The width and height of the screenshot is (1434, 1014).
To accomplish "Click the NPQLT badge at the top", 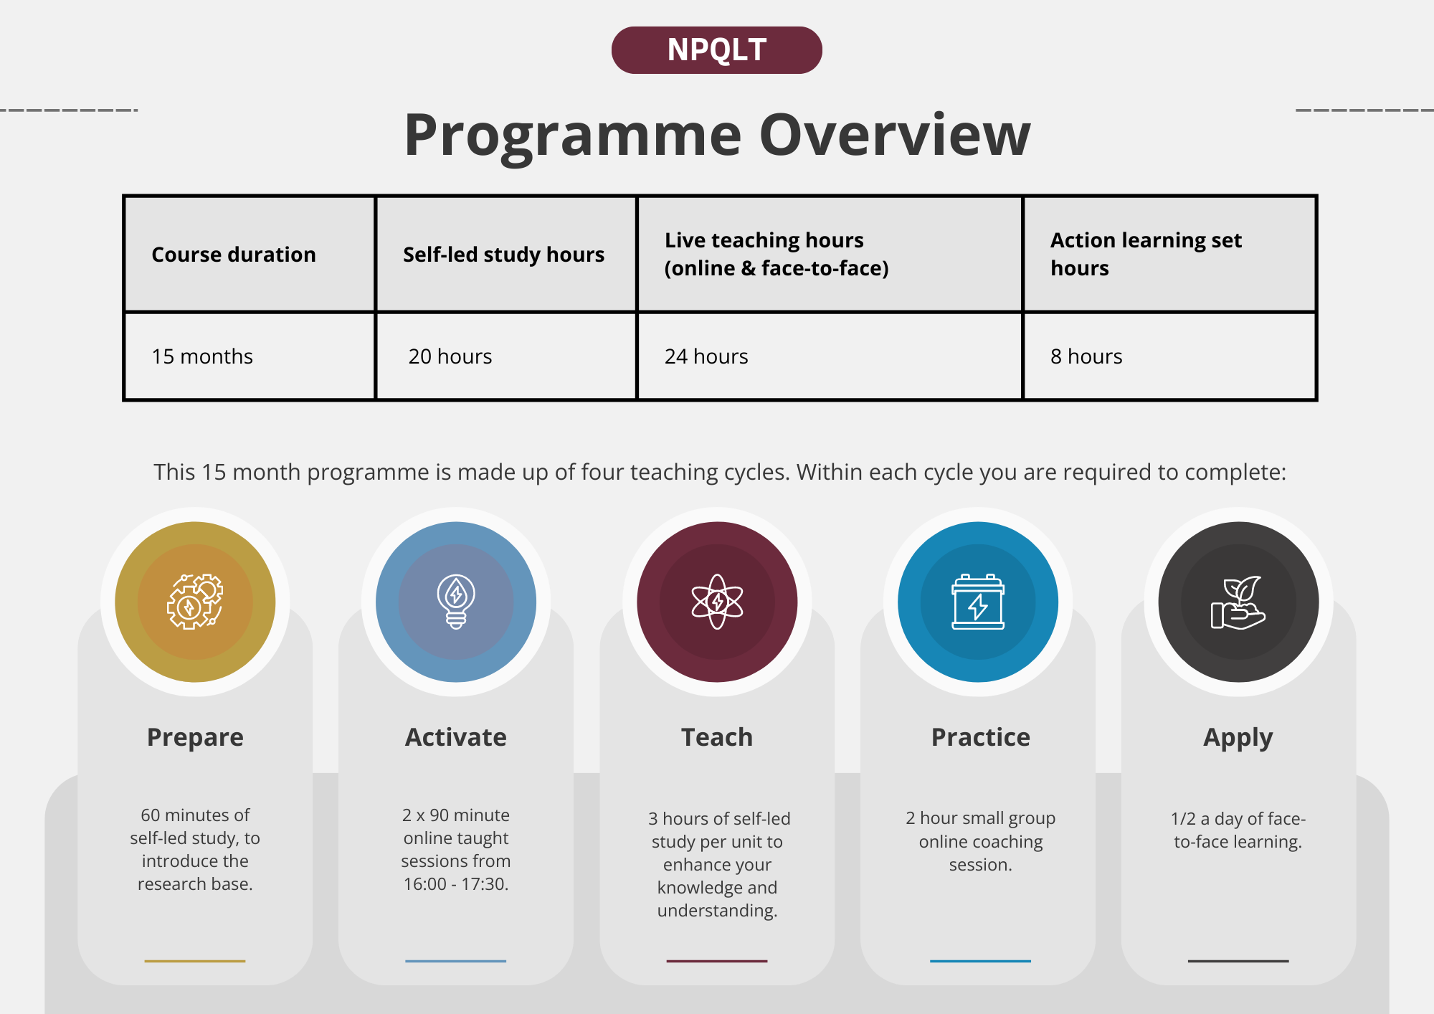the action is coord(716,50).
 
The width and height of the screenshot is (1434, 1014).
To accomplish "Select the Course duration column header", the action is coord(250,255).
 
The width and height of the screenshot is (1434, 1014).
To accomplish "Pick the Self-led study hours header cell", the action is coord(506,255).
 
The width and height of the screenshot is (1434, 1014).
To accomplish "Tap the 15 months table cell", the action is coord(250,356).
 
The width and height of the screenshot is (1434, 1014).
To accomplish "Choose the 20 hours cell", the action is coord(506,356).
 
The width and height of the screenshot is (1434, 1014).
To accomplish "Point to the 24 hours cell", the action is coord(830,356).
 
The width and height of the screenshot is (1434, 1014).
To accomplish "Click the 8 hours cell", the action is coord(1169,356).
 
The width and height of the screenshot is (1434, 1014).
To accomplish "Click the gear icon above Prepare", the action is coord(195,602).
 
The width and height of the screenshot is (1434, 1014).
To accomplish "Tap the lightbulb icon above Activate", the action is coord(456,602).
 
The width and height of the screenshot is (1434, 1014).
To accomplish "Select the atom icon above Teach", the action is coord(717,602).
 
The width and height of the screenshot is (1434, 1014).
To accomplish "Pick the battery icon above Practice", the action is coord(978,602).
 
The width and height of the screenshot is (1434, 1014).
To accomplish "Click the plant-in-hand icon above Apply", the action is coord(1238,602).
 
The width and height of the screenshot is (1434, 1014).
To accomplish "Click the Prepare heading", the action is coord(195,738).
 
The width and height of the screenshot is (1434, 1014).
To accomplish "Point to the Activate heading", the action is coord(456,737).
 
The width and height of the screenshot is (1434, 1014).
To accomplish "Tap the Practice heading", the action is coord(981,737).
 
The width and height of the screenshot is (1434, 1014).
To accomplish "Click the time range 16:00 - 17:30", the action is coord(456,884).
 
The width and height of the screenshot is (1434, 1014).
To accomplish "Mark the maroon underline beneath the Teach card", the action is coord(717,961).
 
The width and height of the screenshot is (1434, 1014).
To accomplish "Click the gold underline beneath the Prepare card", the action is coord(195,961).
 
